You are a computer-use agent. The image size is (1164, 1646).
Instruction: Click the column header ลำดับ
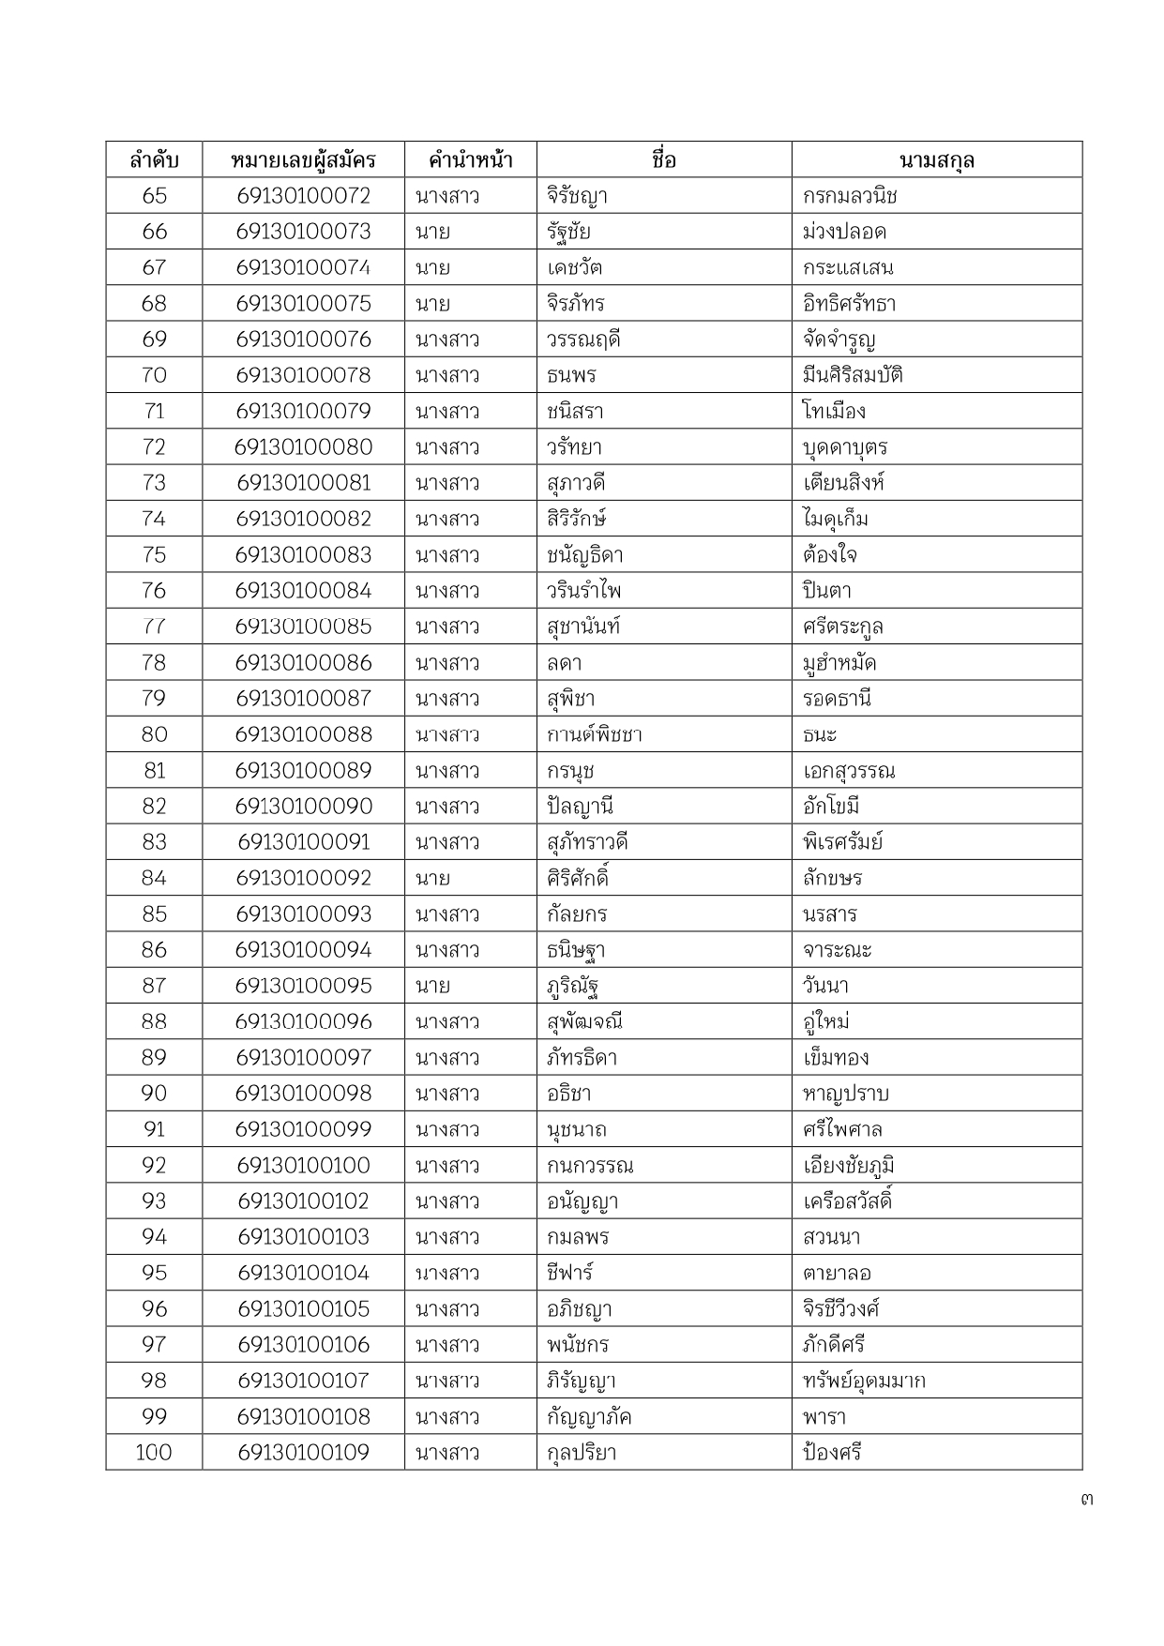click(x=154, y=159)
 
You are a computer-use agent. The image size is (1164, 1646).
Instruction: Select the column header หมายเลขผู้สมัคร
click(x=303, y=159)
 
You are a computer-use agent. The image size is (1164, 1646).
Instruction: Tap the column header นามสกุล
click(x=936, y=159)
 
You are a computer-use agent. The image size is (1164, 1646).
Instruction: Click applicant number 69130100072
click(x=303, y=196)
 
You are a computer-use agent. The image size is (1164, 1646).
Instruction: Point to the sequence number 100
click(x=154, y=1453)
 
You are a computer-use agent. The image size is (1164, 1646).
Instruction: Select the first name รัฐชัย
click(x=568, y=232)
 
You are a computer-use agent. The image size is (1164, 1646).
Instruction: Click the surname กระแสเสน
click(x=848, y=268)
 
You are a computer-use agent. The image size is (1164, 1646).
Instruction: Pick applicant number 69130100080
click(x=303, y=447)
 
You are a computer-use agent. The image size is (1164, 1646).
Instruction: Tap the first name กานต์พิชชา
click(x=594, y=734)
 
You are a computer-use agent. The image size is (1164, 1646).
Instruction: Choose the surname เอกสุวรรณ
click(x=849, y=771)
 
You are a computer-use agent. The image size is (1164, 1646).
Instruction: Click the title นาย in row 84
click(x=432, y=879)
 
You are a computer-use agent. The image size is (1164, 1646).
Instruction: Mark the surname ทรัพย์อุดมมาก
click(x=864, y=1381)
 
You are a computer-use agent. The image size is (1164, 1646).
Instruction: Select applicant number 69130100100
click(x=303, y=1166)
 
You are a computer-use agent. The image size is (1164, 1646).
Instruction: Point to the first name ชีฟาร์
click(x=569, y=1273)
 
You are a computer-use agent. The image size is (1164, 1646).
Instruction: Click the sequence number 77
click(x=154, y=627)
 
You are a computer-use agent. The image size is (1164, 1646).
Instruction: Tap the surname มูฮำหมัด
click(x=839, y=663)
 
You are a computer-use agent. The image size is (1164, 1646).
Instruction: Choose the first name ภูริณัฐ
click(x=573, y=986)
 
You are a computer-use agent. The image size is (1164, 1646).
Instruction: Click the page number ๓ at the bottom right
click(x=1086, y=1499)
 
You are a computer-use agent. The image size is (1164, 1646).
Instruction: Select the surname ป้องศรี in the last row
click(x=832, y=1453)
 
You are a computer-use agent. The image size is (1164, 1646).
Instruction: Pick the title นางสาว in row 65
click(x=447, y=196)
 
